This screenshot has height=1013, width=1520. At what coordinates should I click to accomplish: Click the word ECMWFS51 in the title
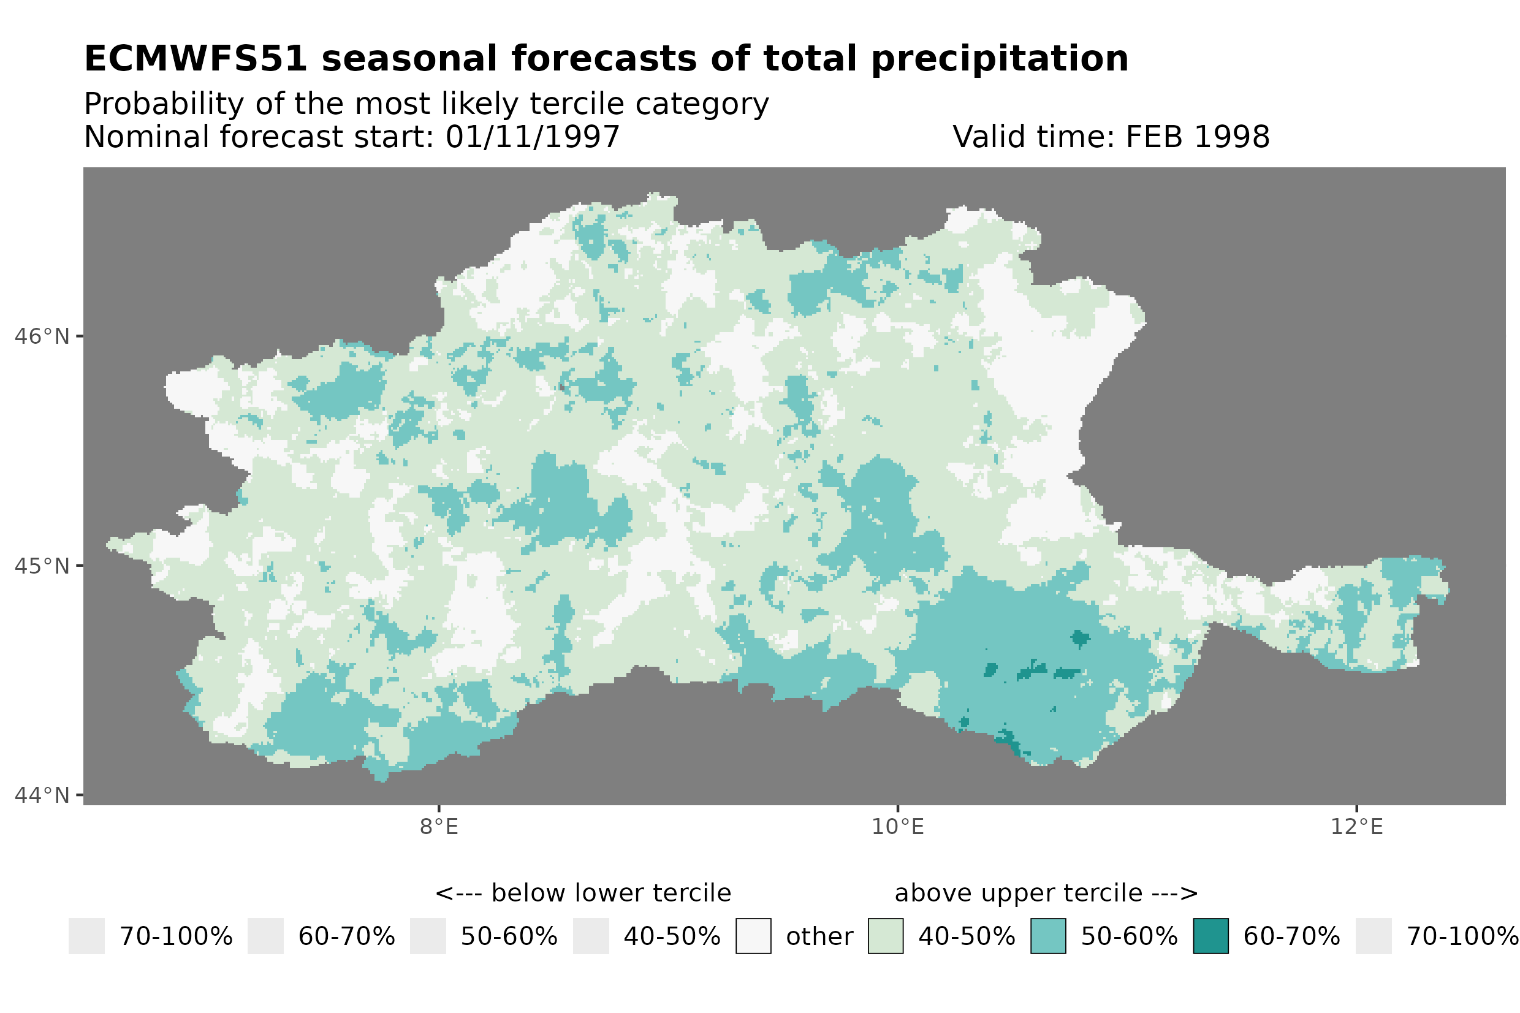pyautogui.click(x=195, y=59)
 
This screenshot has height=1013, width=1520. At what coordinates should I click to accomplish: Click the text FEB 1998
pyautogui.click(x=1197, y=137)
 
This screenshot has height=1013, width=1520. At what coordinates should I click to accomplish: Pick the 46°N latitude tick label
pyautogui.click(x=41, y=336)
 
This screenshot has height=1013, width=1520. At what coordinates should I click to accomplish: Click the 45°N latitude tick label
pyautogui.click(x=41, y=566)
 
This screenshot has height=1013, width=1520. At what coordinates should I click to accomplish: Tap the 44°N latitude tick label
pyautogui.click(x=41, y=795)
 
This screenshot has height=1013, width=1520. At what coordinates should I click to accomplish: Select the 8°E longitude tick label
pyautogui.click(x=439, y=827)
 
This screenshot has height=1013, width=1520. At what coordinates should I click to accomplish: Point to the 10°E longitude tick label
pyautogui.click(x=897, y=827)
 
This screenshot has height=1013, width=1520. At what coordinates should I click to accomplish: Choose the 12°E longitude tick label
pyautogui.click(x=1356, y=827)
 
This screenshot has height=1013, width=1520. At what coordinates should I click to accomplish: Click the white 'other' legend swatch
pyautogui.click(x=753, y=936)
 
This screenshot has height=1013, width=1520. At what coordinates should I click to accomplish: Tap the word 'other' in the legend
pyautogui.click(x=819, y=937)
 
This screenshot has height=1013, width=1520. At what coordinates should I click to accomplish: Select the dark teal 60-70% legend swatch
pyautogui.click(x=1210, y=936)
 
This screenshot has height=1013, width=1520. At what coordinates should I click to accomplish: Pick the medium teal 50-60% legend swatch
pyautogui.click(x=1048, y=936)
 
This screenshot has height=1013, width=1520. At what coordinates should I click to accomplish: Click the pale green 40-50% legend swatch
pyautogui.click(x=886, y=936)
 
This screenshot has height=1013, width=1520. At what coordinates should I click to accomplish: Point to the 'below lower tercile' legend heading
pyautogui.click(x=583, y=893)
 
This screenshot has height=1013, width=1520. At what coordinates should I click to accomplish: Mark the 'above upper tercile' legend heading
pyautogui.click(x=1046, y=893)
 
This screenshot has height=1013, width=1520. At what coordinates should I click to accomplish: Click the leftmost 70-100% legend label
pyautogui.click(x=176, y=937)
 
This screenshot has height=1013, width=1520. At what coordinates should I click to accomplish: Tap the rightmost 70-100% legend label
pyautogui.click(x=1462, y=937)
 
